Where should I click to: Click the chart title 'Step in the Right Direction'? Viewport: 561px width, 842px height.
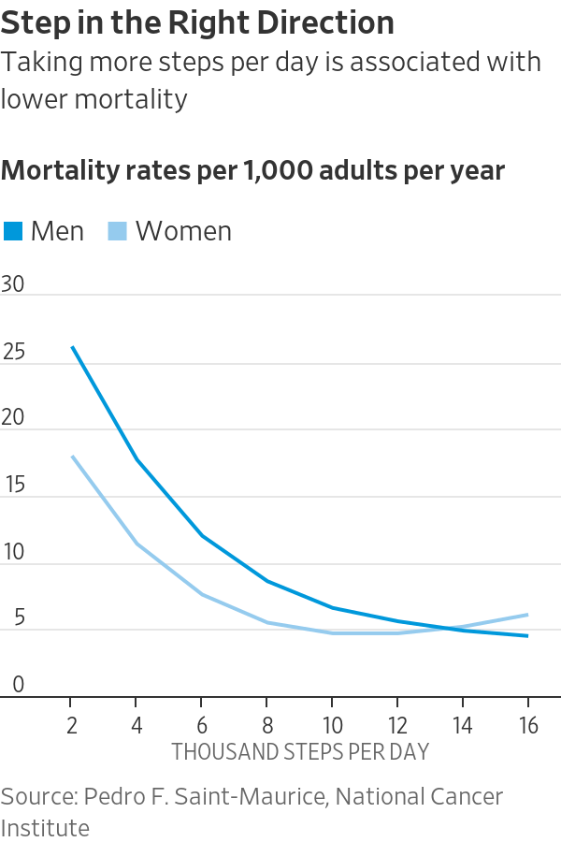pos(197,22)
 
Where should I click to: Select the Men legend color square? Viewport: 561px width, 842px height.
pos(13,231)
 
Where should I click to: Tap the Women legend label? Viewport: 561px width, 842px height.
pos(183,231)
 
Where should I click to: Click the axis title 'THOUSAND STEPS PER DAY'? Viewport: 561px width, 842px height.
pos(299,751)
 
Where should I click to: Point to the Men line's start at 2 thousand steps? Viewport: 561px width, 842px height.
pos(71,347)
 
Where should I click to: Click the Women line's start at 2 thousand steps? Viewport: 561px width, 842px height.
pos(71,457)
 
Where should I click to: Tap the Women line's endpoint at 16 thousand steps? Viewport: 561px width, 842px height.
pos(528,615)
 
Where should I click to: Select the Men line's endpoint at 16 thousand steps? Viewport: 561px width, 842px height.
pos(528,636)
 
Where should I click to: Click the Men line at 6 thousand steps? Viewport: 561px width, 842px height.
pos(201,536)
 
